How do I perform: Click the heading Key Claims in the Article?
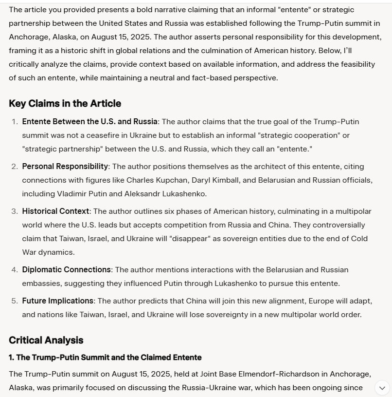click(x=65, y=103)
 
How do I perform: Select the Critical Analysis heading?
click(x=46, y=340)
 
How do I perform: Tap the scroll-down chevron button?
click(x=382, y=388)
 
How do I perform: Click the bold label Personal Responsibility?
click(x=65, y=167)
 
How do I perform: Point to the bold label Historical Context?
click(x=55, y=211)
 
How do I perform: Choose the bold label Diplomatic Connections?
click(x=66, y=270)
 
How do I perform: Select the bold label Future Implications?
click(x=57, y=301)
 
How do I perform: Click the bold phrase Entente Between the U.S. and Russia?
click(x=89, y=122)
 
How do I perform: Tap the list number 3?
click(x=15, y=211)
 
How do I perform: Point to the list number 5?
click(x=15, y=301)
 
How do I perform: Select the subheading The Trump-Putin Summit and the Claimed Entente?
click(x=105, y=358)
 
